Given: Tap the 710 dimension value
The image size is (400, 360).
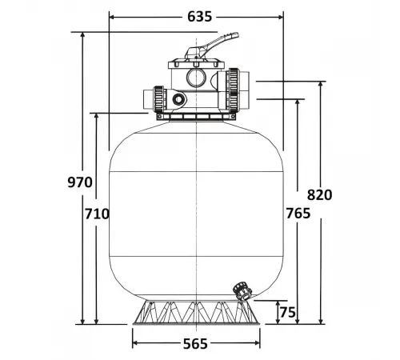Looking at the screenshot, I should (96, 214).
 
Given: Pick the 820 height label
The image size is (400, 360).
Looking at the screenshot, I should (318, 194).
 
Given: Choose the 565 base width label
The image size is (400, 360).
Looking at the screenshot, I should (195, 344).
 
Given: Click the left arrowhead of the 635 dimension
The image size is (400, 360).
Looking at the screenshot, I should (111, 15).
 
